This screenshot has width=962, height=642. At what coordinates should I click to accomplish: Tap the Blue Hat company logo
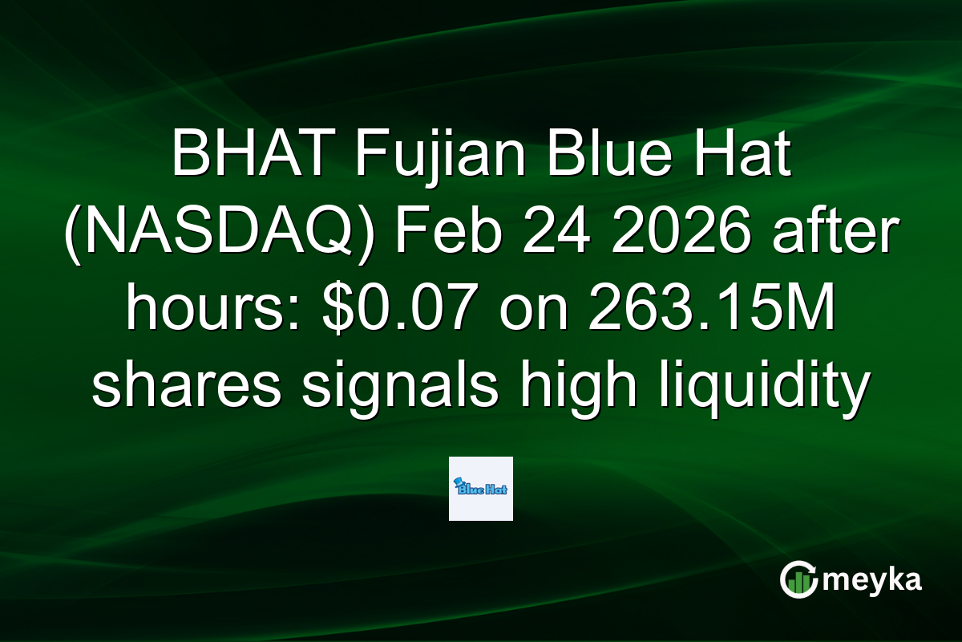[481, 489]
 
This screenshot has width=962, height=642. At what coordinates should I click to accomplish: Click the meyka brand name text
[875, 580]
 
